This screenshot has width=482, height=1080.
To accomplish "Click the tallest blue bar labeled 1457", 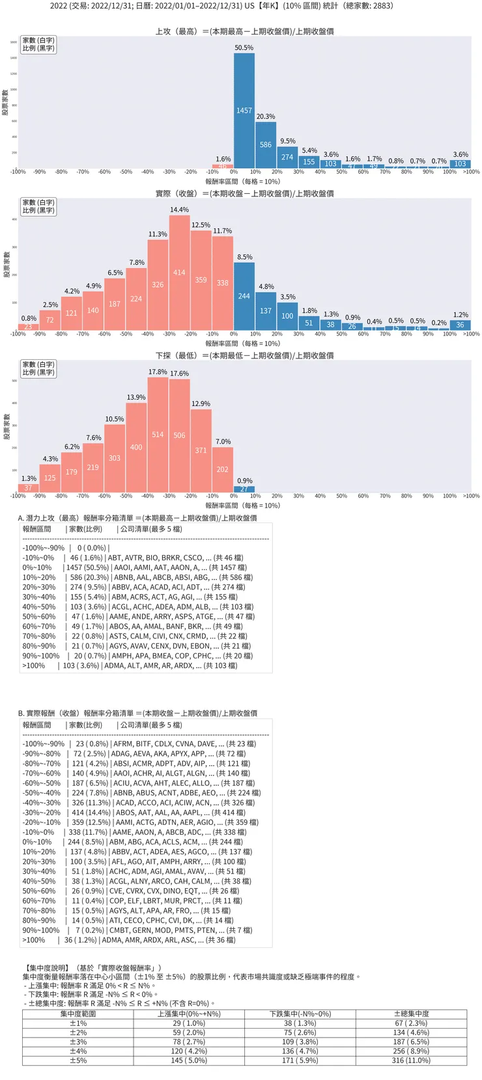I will coord(244,111).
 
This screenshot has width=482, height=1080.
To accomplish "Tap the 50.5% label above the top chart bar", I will coord(244,48).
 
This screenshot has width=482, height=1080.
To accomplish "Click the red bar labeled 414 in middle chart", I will coord(179,273).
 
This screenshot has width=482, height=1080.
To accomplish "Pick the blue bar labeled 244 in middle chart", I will coord(244,296).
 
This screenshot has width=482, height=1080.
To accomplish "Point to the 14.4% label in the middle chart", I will coord(179,210).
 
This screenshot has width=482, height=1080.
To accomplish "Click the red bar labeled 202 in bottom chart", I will coord(222,469).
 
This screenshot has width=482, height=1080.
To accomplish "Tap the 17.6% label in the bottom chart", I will coord(179,374).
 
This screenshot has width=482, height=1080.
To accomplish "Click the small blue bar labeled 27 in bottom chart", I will coord(244,489).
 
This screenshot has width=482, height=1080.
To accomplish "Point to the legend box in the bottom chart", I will coord(38,368).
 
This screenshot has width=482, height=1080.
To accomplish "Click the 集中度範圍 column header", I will coord(78,1014).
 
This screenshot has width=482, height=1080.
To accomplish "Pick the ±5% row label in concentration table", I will coord(78,1060).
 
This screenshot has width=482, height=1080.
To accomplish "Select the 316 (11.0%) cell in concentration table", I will coord(411,1060).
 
